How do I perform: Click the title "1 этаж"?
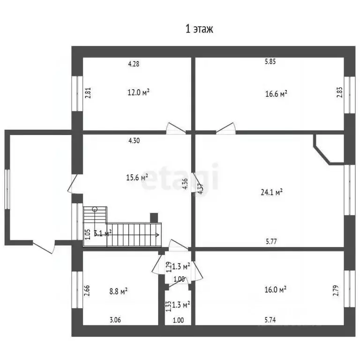[199, 29]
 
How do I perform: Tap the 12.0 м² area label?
[138, 92]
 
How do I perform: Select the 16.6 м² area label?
[276, 94]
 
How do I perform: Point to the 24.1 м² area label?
[271, 192]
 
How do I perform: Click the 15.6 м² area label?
[137, 178]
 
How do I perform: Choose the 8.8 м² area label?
[119, 292]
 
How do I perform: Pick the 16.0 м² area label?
[275, 289]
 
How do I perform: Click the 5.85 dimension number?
[270, 61]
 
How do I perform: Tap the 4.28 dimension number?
[134, 64]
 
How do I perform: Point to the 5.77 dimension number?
[271, 241]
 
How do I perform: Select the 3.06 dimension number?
[115, 320]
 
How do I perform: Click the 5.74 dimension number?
[270, 320]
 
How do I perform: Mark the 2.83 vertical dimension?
[339, 92]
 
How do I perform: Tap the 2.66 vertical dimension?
[87, 291]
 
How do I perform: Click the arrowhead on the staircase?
[157, 235]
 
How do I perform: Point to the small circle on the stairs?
[95, 209]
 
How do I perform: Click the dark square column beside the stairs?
[154, 218]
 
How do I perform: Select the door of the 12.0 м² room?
[176, 128]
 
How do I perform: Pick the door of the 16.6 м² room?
[226, 128]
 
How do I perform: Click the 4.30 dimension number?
[134, 141]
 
